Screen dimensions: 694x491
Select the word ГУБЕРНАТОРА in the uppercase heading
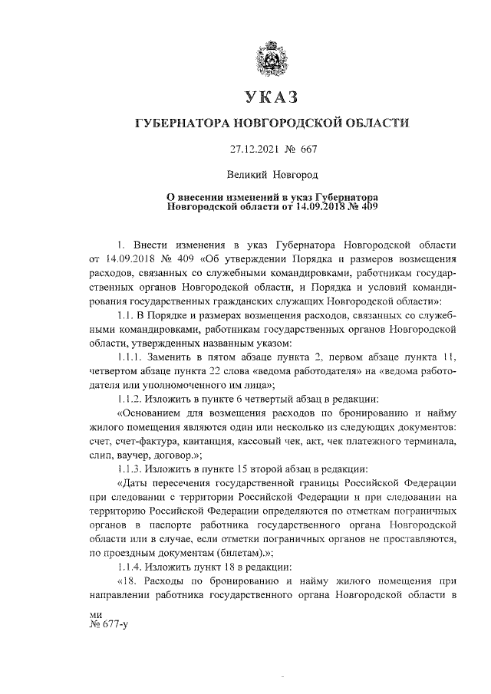182,123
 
